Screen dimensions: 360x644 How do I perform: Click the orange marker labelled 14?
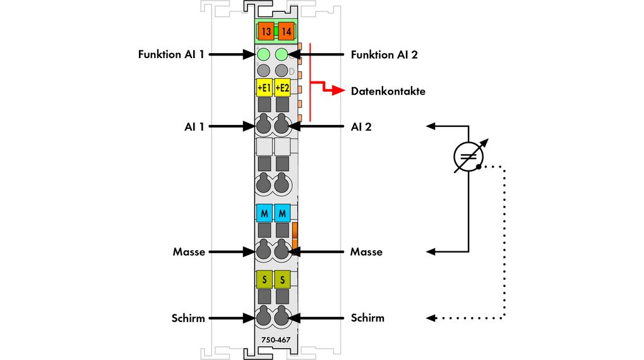pos(286,31)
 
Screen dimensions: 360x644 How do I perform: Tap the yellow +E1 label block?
pos(264,87)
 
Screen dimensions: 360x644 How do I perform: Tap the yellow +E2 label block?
pos(282,87)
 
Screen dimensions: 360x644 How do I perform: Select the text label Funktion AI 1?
pos(171,54)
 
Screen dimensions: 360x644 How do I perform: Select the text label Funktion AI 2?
pos(384,54)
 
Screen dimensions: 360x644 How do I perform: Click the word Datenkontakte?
pos(388,91)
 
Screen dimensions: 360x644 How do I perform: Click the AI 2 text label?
pos(361,126)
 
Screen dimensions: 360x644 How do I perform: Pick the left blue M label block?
pos(264,212)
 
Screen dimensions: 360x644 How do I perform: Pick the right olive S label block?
pos(282,278)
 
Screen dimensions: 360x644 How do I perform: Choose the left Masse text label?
pos(189,251)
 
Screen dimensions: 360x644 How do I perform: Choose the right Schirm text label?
pos(367,318)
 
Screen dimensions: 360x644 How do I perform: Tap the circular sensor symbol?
pos(468,158)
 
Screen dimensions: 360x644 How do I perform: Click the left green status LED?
pos(264,54)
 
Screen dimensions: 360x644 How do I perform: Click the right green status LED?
pos(282,54)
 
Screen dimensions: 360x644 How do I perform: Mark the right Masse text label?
pos(366,251)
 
